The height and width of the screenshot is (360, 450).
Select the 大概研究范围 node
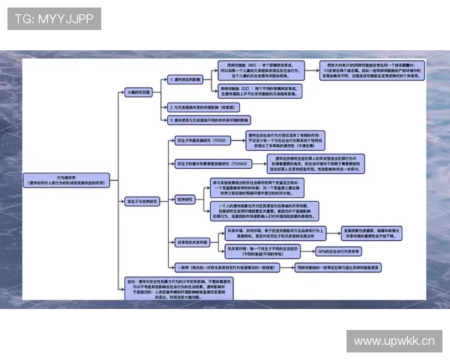[139, 91]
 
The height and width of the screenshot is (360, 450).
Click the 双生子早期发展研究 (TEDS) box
[200, 140]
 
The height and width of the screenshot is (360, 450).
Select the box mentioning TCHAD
[211, 163]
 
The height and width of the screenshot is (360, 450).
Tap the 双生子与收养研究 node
[142, 201]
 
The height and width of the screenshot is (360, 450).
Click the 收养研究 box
[184, 199]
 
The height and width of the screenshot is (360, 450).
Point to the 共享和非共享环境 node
[190, 241]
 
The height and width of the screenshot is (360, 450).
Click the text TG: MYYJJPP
[54, 19]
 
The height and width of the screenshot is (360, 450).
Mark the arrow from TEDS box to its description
[241, 140]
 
